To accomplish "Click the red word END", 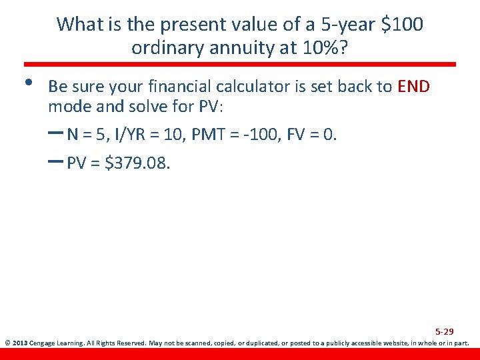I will pyautogui.click(x=413, y=87).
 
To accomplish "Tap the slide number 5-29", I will pyautogui.click(x=445, y=331).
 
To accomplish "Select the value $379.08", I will pyautogui.click(x=138, y=163).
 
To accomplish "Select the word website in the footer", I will pyautogui.click(x=389, y=344).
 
